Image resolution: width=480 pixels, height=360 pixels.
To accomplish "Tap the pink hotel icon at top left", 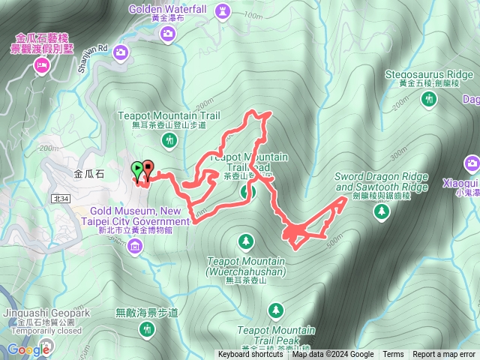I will tap(40, 66).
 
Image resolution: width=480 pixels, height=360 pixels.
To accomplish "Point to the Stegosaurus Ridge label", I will tap(429, 74).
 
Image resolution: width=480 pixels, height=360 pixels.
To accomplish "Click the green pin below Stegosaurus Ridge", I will tap(429, 101).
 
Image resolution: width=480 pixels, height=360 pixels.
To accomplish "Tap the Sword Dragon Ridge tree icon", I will tap(382, 212).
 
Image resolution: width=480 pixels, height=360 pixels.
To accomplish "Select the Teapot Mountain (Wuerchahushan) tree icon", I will tap(245, 241).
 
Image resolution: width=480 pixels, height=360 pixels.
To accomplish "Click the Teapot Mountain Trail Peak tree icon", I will tap(276, 310).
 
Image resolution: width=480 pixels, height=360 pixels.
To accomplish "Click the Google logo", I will tap(28, 349).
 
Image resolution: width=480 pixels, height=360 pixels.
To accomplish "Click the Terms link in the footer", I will tap(393, 355).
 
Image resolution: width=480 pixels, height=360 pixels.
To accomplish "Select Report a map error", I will tap(444, 355).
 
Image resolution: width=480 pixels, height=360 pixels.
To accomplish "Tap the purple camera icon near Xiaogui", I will tap(472, 163).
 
